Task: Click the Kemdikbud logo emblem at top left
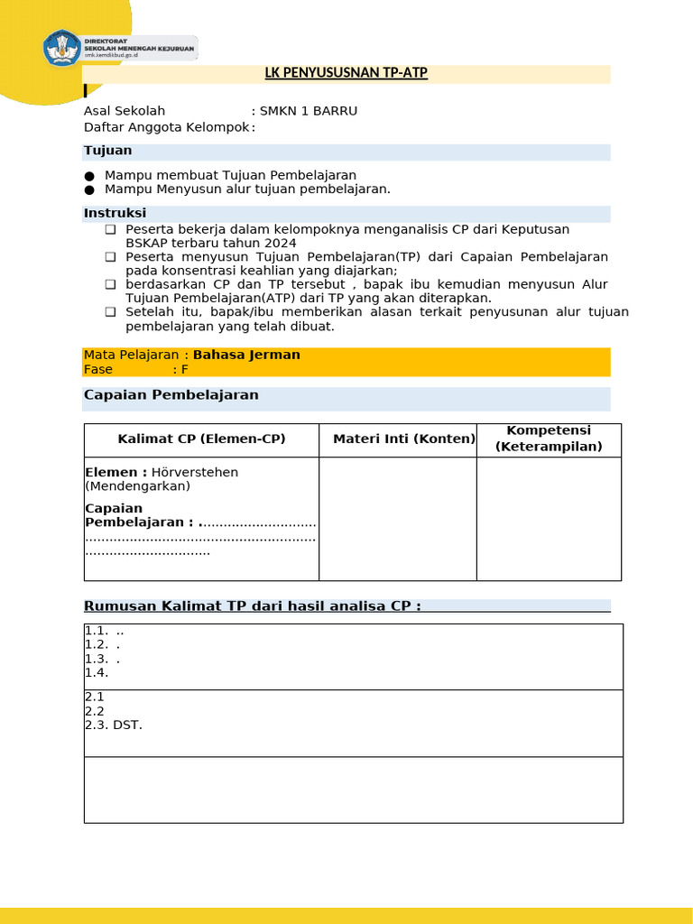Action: click(x=62, y=48)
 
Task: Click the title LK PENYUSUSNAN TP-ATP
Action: click(x=346, y=73)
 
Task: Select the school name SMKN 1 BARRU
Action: click(x=308, y=111)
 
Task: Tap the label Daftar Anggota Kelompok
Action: click(x=166, y=127)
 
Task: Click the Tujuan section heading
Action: click(x=107, y=151)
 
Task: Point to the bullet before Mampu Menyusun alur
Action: click(x=88, y=189)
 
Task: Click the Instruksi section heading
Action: click(x=115, y=213)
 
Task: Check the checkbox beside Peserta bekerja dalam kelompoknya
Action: click(x=110, y=229)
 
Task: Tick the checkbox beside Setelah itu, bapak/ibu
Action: click(x=110, y=312)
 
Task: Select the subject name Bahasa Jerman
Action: click(x=246, y=355)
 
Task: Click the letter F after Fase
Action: click(x=184, y=369)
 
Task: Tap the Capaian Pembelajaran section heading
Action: click(x=171, y=395)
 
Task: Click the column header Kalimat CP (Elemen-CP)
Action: click(x=201, y=439)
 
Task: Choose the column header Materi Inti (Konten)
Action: click(x=403, y=439)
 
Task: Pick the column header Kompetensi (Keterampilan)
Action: click(x=549, y=439)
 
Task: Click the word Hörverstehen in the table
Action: click(x=195, y=472)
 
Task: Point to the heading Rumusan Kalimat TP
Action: click(x=252, y=605)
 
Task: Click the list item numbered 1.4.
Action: click(x=96, y=672)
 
